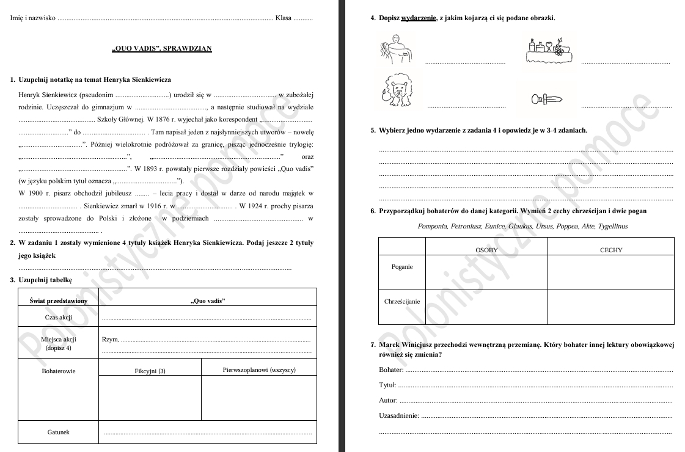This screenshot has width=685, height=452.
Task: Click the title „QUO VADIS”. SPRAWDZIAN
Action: [x=162, y=48]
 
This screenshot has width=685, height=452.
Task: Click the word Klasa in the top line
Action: [x=283, y=18]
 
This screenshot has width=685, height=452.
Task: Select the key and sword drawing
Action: [x=546, y=100]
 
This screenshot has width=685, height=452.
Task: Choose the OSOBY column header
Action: [x=486, y=250]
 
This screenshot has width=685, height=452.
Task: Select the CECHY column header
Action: [x=610, y=250]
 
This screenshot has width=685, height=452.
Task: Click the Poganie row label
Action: [x=401, y=267]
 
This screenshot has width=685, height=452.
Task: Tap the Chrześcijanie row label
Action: [x=401, y=302]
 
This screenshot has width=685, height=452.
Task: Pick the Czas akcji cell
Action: [x=58, y=317]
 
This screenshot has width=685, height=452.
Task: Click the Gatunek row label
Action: [x=58, y=432]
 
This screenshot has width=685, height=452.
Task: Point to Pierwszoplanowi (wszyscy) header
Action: [x=259, y=370]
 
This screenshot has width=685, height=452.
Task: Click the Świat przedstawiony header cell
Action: [x=58, y=301]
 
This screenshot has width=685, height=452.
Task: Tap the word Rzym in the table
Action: [x=109, y=340]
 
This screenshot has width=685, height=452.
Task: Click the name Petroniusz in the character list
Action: [x=466, y=227]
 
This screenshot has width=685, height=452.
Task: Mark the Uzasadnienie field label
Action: [x=398, y=416]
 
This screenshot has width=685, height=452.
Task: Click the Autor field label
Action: [x=388, y=401]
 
